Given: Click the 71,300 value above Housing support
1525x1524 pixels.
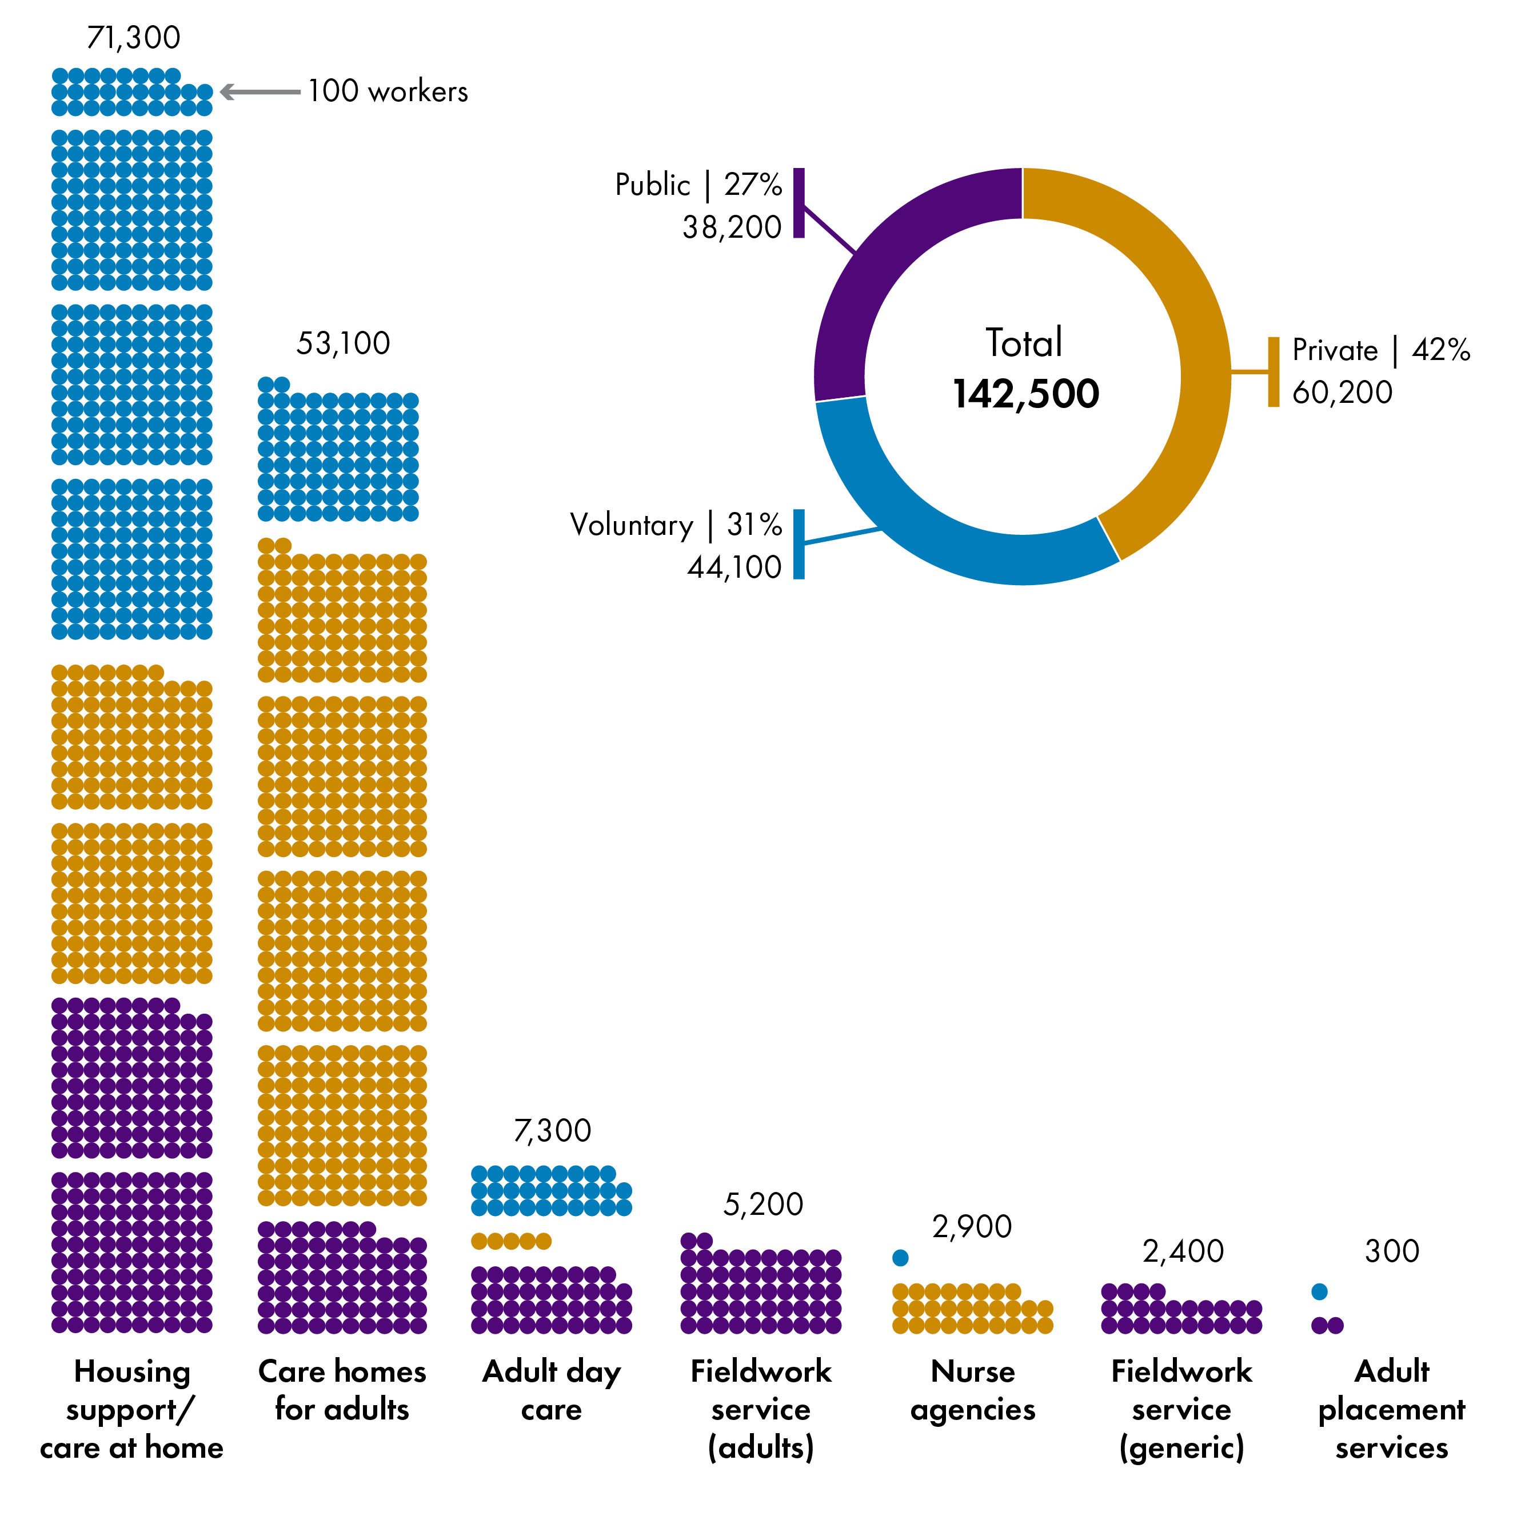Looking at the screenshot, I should (133, 38).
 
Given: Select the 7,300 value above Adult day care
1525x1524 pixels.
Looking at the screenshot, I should (552, 1131).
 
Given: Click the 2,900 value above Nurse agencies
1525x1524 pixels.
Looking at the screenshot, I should (971, 1226).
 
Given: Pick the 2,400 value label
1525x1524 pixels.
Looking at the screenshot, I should (1183, 1251).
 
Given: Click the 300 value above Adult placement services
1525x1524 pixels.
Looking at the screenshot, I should (1392, 1251).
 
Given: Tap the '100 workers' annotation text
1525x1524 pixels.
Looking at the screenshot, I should (388, 91).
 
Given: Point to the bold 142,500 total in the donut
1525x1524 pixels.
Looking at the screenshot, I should (1025, 394).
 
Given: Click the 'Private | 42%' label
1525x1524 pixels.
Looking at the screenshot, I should (1380, 350).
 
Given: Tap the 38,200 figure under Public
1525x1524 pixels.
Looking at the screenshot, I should (731, 227).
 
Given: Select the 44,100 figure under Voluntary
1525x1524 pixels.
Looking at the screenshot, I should (734, 567).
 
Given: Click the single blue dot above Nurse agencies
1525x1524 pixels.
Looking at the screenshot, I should (900, 1258).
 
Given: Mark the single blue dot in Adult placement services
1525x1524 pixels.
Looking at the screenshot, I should (1319, 1292).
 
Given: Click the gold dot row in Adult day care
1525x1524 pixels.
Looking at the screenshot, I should (510, 1242).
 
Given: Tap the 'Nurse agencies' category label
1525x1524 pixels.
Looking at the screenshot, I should (972, 1391).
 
